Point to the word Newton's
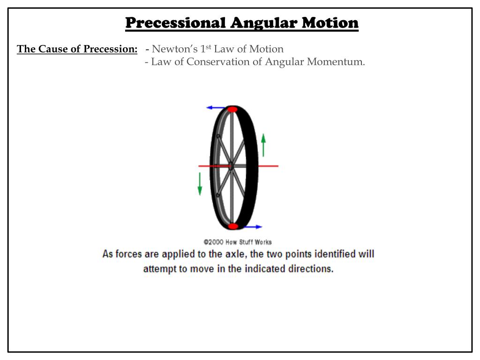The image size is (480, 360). pyautogui.click(x=171, y=49)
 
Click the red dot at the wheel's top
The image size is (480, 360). pyautogui.click(x=232, y=109)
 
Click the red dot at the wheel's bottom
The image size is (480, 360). pyautogui.click(x=233, y=226)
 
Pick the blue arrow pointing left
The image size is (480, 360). pyautogui.click(x=215, y=108)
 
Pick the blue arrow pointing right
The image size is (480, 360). pyautogui.click(x=252, y=227)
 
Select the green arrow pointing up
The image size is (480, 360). pyautogui.click(x=263, y=145)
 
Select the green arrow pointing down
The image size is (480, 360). pyautogui.click(x=200, y=184)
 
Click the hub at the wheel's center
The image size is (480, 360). pyautogui.click(x=230, y=166)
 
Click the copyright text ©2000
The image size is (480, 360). pyautogui.click(x=213, y=242)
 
